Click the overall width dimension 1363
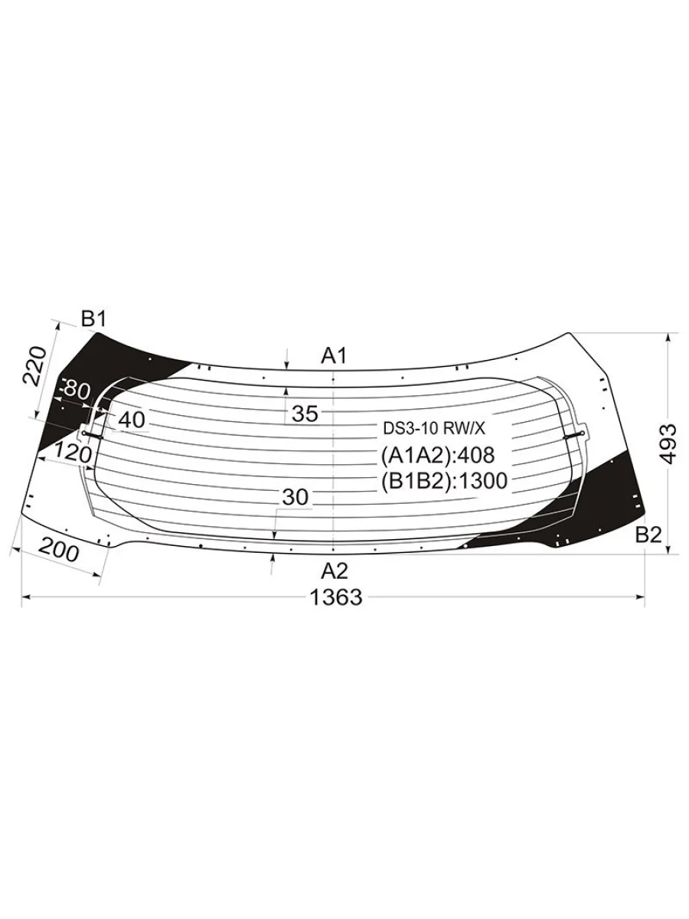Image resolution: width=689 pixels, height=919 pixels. tap(336, 597)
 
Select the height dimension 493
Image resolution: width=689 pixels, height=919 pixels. tap(668, 443)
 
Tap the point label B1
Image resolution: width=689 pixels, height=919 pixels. tap(94, 320)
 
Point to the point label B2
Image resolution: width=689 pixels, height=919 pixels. tap(648, 535)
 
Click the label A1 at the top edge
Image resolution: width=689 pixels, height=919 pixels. tap(335, 356)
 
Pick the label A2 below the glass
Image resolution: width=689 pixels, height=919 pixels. tap(335, 571)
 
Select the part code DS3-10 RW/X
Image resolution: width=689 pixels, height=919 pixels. tap(434, 428)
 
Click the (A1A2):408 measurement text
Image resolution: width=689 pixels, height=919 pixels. tap(438, 455)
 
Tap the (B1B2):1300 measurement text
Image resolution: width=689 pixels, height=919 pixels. tap(444, 481)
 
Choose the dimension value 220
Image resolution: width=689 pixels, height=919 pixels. tap(34, 365)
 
